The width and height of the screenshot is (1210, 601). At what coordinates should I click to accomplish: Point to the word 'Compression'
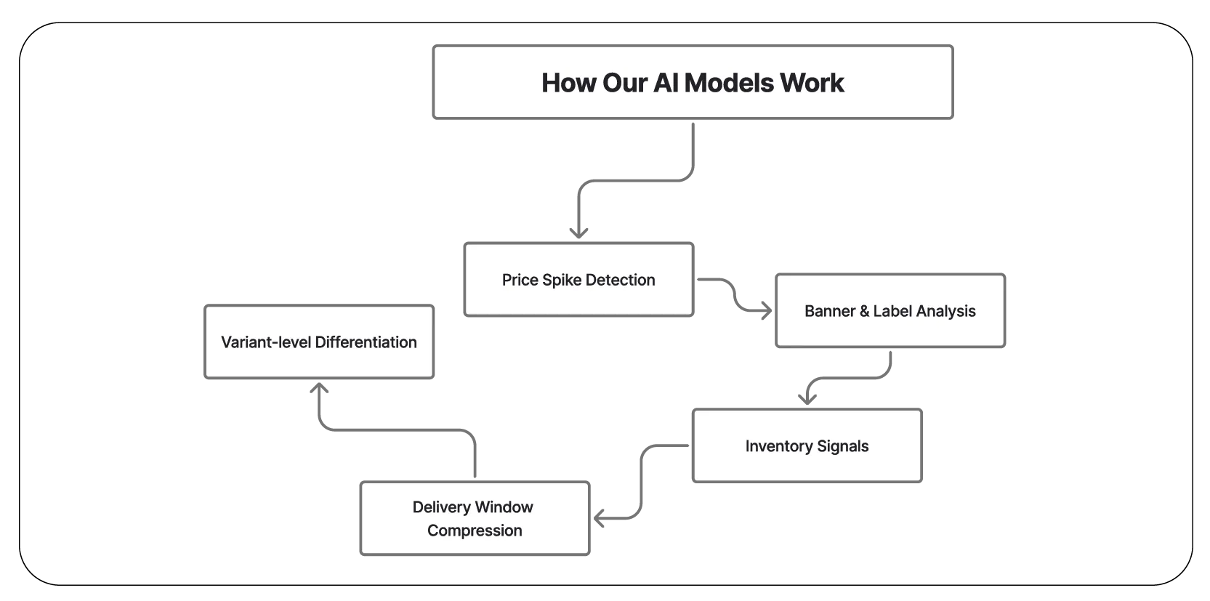tap(475, 531)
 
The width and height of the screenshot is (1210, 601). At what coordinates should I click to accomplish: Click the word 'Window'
tap(504, 507)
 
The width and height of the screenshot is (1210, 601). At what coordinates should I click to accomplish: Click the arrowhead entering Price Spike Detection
tap(578, 234)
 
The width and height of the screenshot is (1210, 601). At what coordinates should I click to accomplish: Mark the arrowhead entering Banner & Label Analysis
tap(765, 310)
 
